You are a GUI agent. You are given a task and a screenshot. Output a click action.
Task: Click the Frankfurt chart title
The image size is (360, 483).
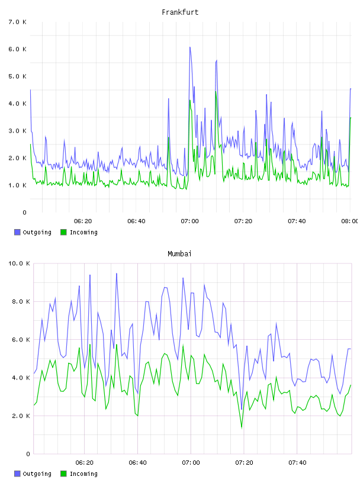pyautogui.click(x=180, y=12)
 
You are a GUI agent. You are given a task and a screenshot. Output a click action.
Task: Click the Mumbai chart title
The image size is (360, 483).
pyautogui.click(x=179, y=254)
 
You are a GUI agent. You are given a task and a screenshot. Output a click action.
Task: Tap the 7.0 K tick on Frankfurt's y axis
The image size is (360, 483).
pyautogui.click(x=18, y=22)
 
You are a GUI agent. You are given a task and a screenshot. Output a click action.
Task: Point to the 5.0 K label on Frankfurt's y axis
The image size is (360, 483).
pyautogui.click(x=18, y=76)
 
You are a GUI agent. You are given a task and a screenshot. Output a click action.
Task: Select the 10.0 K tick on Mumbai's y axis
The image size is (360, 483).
pyautogui.click(x=19, y=263)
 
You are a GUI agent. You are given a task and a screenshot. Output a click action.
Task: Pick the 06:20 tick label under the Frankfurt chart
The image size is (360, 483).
pyautogui.click(x=83, y=221)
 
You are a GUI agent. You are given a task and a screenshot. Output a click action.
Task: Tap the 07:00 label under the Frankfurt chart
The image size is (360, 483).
pyautogui.click(x=190, y=221)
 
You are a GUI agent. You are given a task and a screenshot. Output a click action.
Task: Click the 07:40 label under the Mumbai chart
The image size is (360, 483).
pyautogui.click(x=297, y=463)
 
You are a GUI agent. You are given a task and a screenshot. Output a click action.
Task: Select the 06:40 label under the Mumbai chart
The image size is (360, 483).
pyautogui.click(x=138, y=463)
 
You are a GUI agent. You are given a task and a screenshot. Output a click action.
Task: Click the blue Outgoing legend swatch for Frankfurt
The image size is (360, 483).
pyautogui.click(x=17, y=232)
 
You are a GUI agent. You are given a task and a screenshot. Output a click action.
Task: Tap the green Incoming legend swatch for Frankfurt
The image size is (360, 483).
pyautogui.click(x=63, y=232)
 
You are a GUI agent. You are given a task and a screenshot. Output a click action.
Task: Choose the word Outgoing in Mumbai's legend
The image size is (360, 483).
pyautogui.click(x=37, y=474)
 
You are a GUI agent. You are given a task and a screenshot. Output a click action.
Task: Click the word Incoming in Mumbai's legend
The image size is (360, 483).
pyautogui.click(x=83, y=474)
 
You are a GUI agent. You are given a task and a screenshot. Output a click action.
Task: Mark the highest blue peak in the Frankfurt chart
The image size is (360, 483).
pyautogui.click(x=190, y=47)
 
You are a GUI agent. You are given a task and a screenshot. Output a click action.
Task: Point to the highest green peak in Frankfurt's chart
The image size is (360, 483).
pyautogui.click(x=216, y=92)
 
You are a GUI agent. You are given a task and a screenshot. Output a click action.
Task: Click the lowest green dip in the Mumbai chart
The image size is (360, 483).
pyautogui.click(x=242, y=427)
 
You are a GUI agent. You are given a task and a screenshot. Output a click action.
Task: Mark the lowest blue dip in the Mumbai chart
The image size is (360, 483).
pyautogui.click(x=242, y=410)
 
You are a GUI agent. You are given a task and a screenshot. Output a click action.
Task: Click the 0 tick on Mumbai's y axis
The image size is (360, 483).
pyautogui.click(x=28, y=454)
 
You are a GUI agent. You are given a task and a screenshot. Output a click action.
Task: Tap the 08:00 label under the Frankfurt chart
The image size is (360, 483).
pyautogui.click(x=350, y=221)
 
